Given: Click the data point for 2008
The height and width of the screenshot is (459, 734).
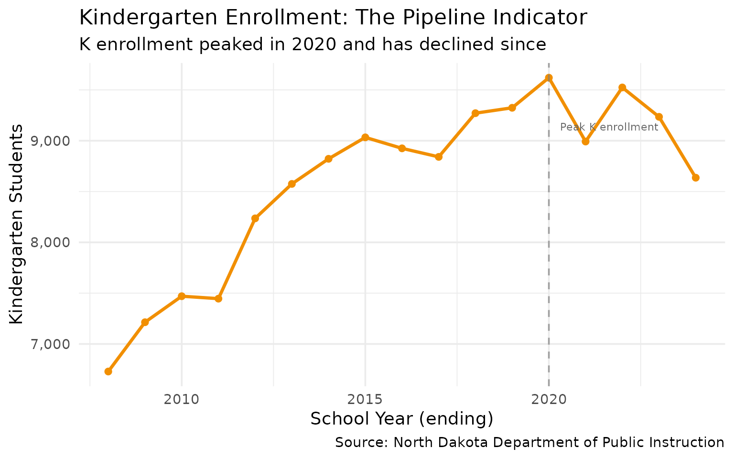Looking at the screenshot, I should (108, 372).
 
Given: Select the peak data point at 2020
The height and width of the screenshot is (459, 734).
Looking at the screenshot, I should (549, 77).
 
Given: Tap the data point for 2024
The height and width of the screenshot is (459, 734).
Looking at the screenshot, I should (695, 178).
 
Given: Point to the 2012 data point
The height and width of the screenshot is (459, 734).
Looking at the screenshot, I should (255, 219).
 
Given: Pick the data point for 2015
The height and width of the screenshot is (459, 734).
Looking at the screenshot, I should (365, 137).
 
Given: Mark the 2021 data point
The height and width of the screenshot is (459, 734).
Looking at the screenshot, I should (585, 141).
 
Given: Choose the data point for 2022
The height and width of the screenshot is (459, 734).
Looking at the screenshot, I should (622, 87).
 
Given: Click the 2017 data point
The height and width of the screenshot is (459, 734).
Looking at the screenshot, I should (439, 157).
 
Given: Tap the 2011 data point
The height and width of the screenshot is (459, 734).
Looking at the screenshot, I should (218, 299).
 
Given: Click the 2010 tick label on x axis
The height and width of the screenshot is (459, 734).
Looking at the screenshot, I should (182, 399).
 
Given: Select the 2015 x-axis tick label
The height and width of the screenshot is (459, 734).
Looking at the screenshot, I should (365, 399).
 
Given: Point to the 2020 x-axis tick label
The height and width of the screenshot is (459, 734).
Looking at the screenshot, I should (549, 399).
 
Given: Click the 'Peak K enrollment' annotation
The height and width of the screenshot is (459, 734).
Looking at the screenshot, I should (609, 127).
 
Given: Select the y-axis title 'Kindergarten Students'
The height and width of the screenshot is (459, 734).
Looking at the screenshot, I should (17, 224).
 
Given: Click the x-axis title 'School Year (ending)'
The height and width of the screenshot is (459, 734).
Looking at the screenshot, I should (401, 419).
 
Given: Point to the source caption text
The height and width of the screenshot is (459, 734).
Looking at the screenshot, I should (529, 443).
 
